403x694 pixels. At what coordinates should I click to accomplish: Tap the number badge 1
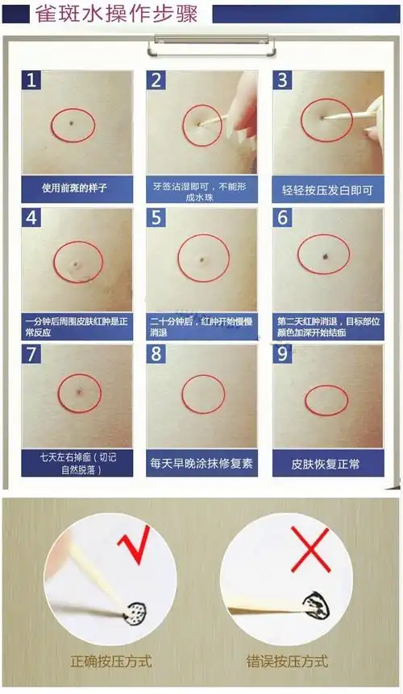31,80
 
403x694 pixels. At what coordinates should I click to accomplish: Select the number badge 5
157,218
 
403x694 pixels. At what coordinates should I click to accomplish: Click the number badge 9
283,355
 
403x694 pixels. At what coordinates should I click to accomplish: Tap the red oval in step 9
326,400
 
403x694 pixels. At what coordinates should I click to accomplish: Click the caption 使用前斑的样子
75,188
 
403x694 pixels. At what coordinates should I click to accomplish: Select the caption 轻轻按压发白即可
327,191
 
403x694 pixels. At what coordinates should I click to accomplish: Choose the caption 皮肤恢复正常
327,465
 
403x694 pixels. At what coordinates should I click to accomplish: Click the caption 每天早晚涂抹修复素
201,464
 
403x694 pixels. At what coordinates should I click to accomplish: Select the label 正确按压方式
110,662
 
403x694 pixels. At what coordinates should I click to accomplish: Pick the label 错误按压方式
287,662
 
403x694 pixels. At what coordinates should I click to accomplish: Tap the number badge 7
31,355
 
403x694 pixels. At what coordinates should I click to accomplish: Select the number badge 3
283,80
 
